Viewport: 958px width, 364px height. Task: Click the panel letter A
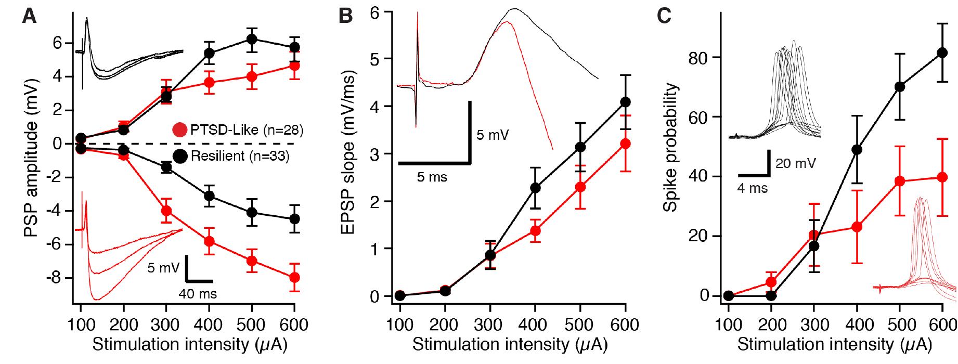click(29, 17)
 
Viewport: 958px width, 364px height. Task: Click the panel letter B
click(345, 17)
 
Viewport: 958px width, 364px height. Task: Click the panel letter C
click(664, 17)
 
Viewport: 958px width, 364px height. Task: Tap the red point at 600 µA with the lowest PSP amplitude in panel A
click(294, 277)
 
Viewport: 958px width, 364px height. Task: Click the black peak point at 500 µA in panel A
click(252, 39)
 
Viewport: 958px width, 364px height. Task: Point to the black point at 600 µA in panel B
click(626, 102)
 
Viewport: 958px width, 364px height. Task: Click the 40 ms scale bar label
click(198, 294)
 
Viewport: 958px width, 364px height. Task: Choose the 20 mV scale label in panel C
click(795, 164)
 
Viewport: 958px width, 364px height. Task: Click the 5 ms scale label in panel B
click(432, 177)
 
